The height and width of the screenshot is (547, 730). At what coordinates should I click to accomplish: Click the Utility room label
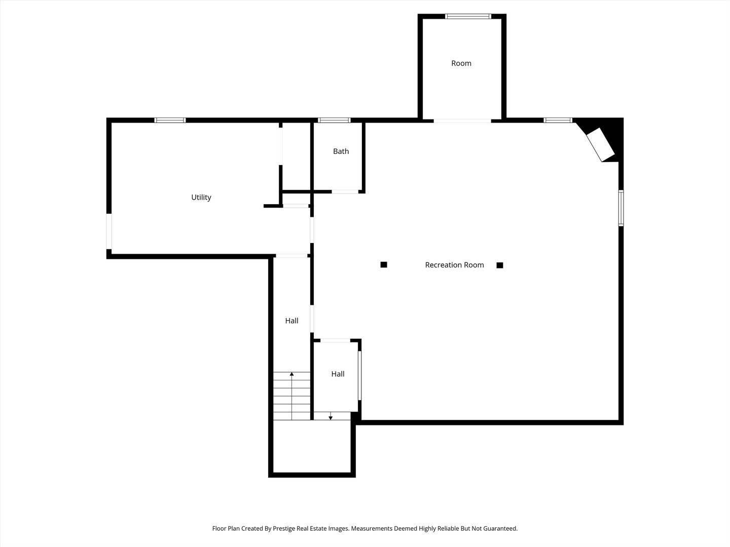coord(201,198)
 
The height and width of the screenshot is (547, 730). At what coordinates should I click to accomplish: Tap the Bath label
coord(341,151)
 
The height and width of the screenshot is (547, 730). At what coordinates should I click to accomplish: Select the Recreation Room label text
coord(454,265)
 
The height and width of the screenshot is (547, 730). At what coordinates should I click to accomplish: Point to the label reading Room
coord(461,63)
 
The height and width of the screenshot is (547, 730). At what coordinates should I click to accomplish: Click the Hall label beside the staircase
coord(291,321)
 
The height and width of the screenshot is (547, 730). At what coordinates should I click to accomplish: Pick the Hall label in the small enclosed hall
coord(338,374)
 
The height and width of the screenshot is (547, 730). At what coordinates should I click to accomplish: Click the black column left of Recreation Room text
coord(384,264)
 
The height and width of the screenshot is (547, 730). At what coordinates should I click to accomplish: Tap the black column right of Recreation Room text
coord(500,265)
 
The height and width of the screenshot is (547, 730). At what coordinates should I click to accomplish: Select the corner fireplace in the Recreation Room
coord(601,144)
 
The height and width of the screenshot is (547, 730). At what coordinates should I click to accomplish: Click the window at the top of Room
coord(468,16)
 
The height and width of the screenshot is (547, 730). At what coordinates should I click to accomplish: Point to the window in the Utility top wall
coord(170,120)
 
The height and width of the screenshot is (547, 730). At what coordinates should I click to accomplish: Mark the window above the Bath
coord(334,120)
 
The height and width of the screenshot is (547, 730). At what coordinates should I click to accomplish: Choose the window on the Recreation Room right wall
coord(621,208)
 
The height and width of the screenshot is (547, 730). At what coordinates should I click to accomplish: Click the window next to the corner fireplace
coord(558,120)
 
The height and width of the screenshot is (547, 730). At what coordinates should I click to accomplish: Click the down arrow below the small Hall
coord(331,417)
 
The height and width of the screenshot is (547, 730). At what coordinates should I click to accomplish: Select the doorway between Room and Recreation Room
coord(462,121)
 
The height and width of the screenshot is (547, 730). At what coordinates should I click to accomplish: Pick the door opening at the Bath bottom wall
coord(345,191)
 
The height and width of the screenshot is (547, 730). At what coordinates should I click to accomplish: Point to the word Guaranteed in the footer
coord(499,528)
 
